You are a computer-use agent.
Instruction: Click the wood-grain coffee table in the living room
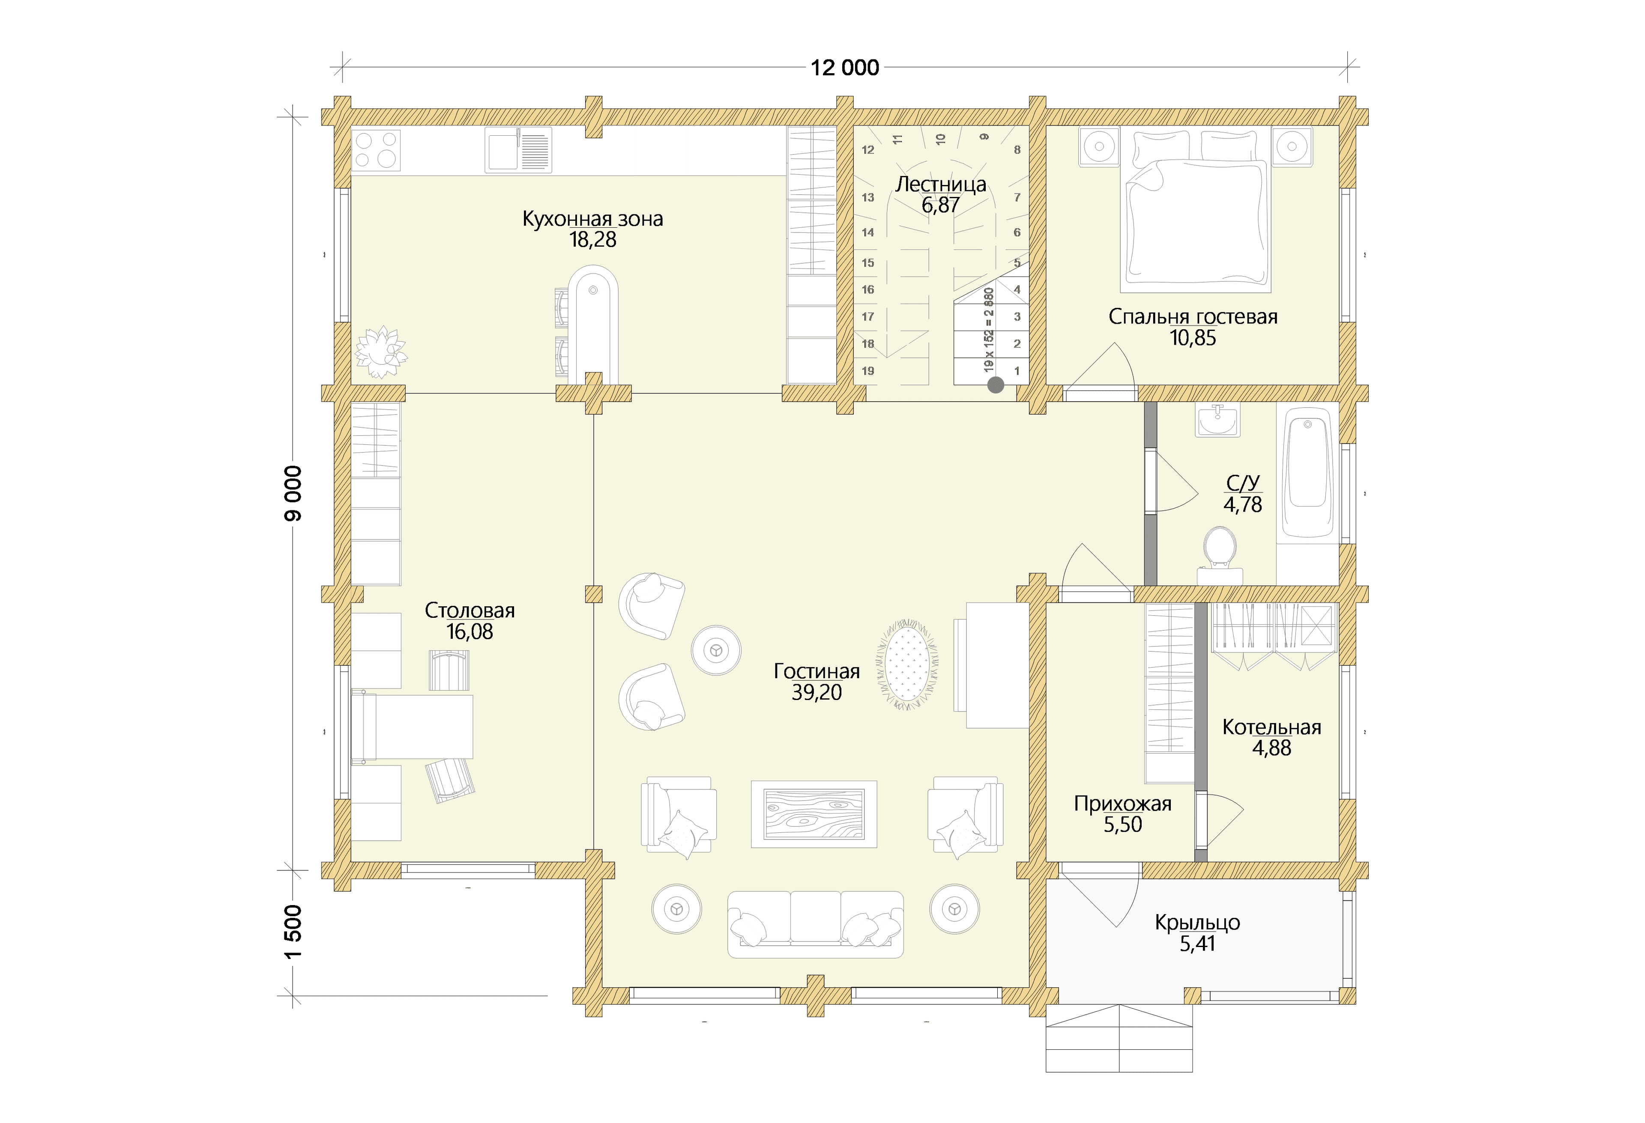coord(814,814)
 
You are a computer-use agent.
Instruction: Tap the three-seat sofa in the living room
coord(815,924)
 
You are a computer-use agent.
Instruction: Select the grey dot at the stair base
coord(995,385)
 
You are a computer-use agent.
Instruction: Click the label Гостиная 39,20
coord(817,682)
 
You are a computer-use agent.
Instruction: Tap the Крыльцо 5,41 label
coord(1197,932)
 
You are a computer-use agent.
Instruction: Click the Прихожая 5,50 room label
coord(1123,814)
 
